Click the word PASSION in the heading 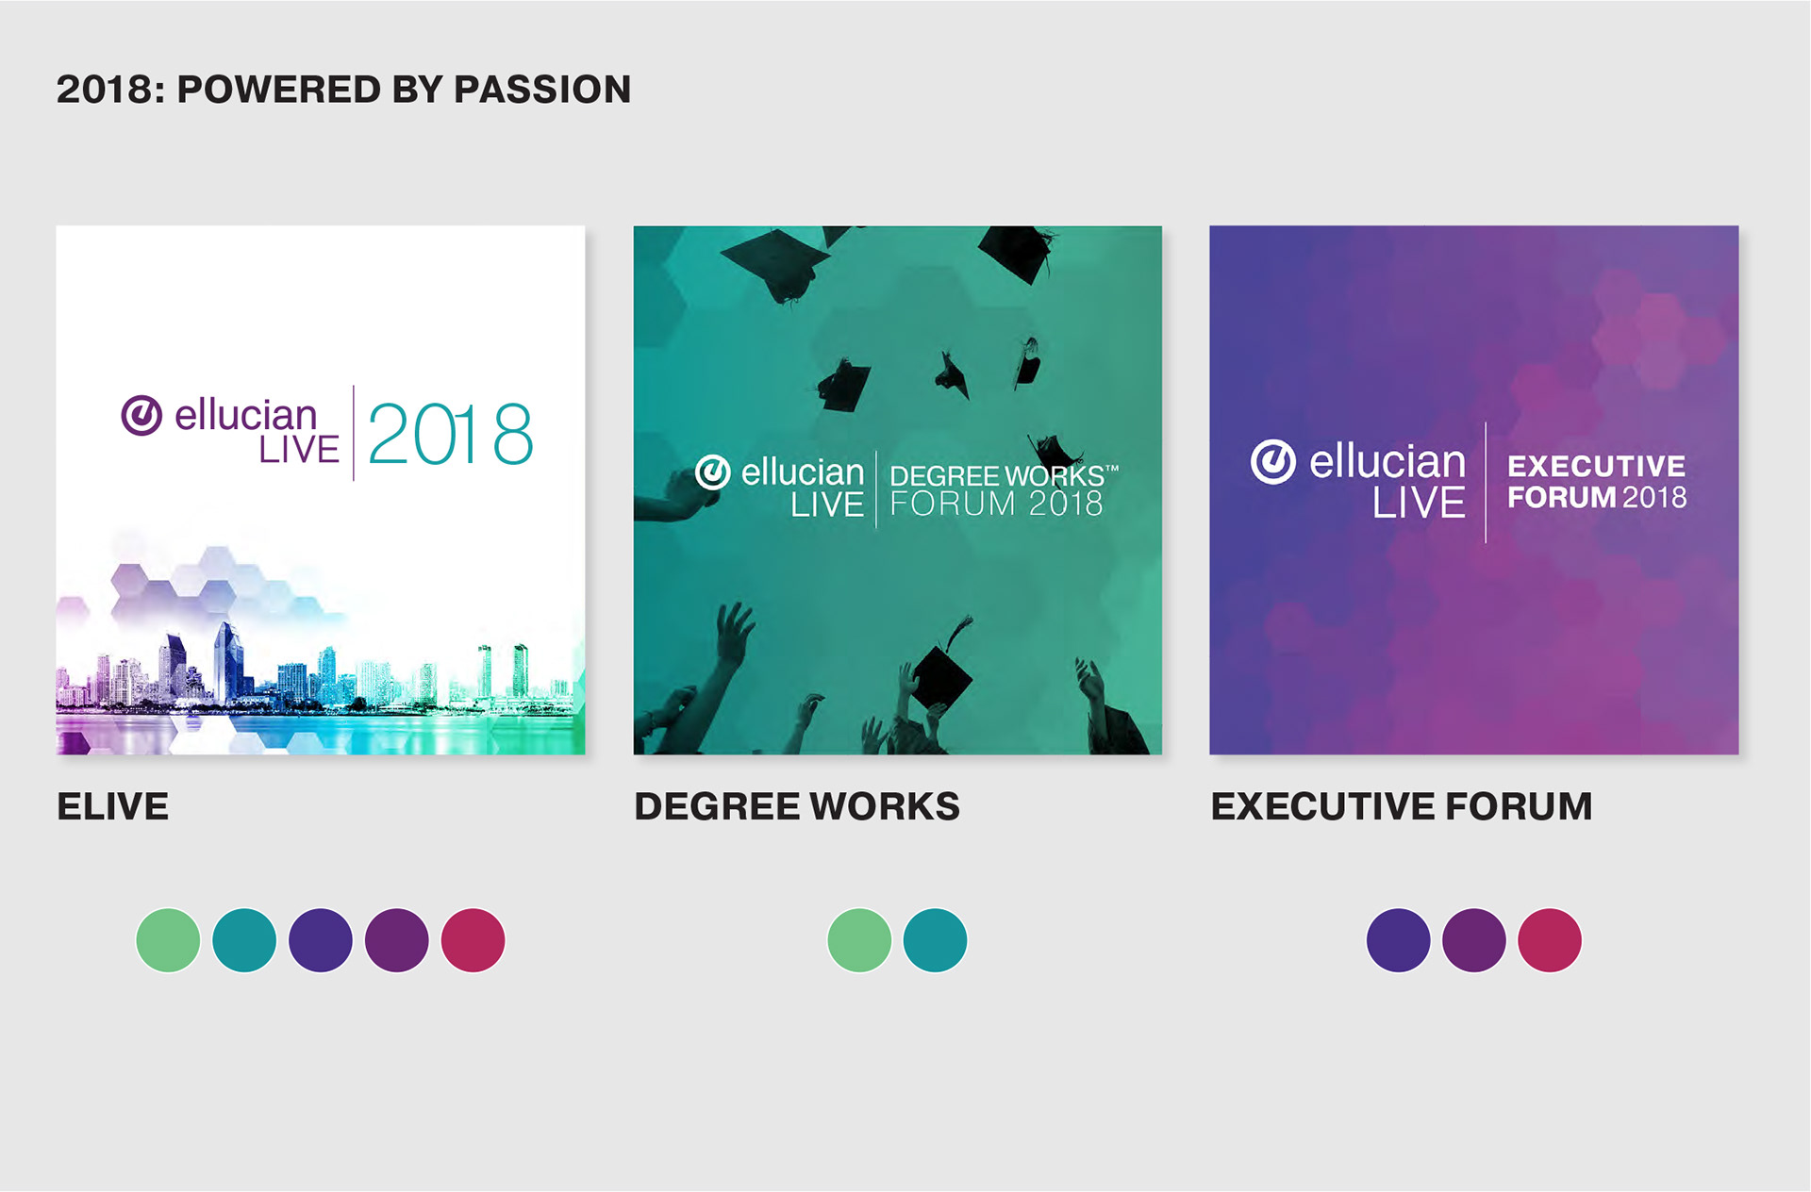541,90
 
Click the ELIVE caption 113,806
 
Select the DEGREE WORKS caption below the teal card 797,806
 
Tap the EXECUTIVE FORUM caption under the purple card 1402,806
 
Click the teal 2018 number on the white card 450,435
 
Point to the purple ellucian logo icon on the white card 141,415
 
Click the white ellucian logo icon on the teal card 713,472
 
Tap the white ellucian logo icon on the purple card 1273,462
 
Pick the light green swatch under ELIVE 168,940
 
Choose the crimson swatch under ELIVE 474,940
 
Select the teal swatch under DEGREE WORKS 935,940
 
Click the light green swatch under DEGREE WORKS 859,940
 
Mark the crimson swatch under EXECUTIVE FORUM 1550,940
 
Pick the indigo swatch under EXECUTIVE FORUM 1398,940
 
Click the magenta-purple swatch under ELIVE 397,940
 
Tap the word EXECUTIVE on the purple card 1596,466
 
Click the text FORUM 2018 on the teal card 996,504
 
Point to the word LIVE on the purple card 1419,502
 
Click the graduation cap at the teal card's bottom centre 941,674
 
